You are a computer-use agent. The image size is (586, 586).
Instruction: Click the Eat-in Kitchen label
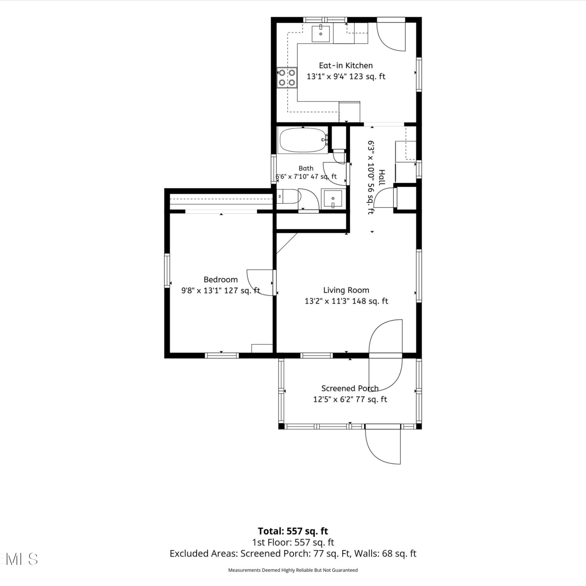tap(346, 66)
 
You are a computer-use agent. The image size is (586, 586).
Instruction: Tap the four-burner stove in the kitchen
tap(287, 77)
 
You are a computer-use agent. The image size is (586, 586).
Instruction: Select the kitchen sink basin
tap(321, 34)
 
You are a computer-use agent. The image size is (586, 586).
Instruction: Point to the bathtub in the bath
tap(303, 140)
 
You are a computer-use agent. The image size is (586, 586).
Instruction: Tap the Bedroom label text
tap(221, 280)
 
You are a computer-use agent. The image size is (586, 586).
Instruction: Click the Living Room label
tap(346, 290)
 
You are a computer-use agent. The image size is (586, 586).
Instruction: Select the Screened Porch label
tap(350, 388)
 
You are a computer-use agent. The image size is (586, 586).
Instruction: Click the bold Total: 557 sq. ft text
tap(293, 531)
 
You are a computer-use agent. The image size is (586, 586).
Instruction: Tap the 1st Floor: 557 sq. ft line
tap(293, 542)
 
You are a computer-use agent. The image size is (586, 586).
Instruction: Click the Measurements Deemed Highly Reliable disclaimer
tap(293, 570)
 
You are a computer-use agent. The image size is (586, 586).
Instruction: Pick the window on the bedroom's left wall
tap(167, 271)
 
